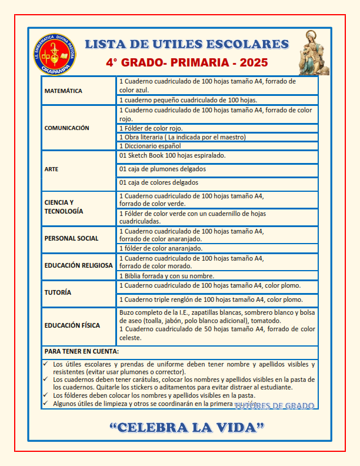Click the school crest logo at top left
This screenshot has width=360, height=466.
[54, 54]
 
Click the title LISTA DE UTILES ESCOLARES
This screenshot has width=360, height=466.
[186, 44]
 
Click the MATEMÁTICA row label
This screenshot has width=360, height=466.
[64, 91]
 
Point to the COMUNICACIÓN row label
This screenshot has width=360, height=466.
[67, 128]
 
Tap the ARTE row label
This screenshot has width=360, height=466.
[51, 169]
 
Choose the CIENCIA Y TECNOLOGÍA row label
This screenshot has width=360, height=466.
[64, 207]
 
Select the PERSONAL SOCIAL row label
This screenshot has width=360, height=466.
[71, 238]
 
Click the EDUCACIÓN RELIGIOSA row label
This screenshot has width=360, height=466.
[78, 265]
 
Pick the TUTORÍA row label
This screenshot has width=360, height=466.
[58, 292]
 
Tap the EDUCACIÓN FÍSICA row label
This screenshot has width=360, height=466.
[72, 325]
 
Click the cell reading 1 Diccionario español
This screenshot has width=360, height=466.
[150, 146]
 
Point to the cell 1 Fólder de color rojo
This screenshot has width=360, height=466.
[151, 128]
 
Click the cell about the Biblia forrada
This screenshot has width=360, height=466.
[166, 276]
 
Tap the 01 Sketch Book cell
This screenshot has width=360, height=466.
[172, 156]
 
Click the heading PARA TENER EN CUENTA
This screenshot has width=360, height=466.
[82, 351]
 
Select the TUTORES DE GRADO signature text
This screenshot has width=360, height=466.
[274, 406]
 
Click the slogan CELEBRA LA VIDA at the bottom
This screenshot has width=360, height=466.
[186, 427]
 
